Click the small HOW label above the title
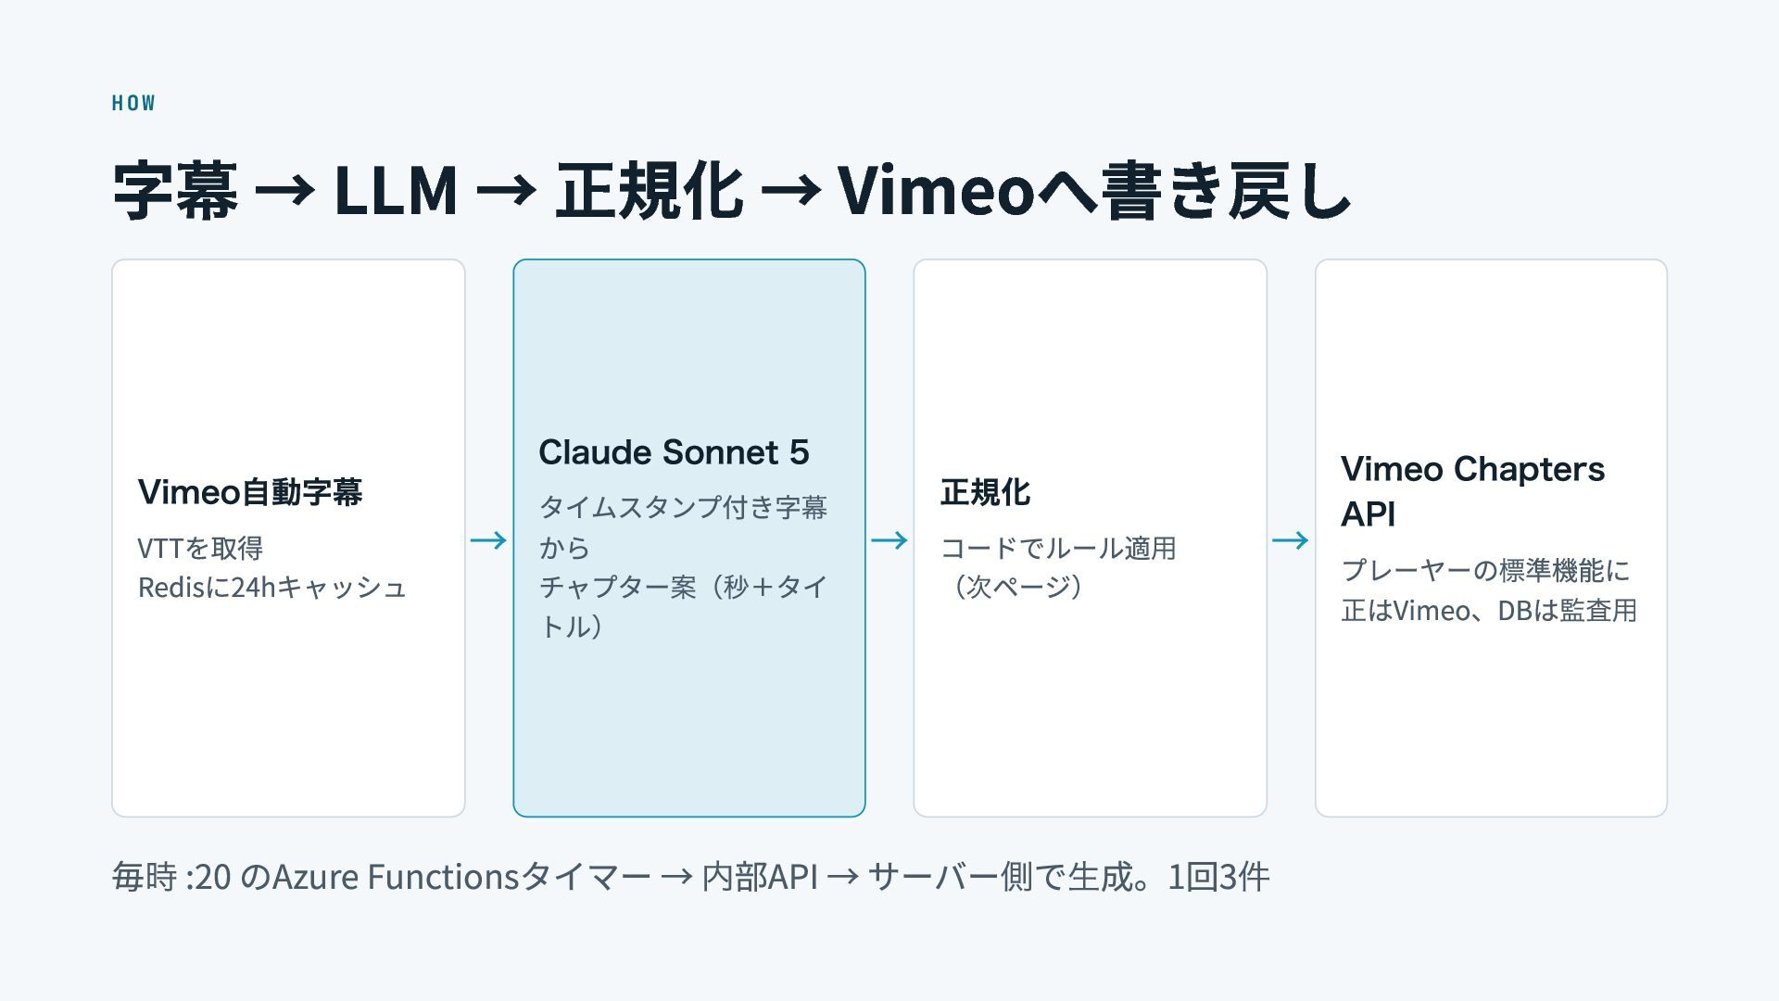click(x=133, y=103)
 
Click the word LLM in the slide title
click(x=396, y=191)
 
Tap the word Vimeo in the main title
click(x=936, y=191)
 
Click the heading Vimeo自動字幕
click(x=250, y=492)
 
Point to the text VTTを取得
click(x=200, y=548)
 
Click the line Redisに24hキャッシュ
click(x=271, y=588)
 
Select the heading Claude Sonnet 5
click(x=674, y=452)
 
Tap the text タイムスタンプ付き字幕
click(x=683, y=507)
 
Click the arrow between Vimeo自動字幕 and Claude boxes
click(x=488, y=539)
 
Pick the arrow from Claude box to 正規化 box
click(x=889, y=539)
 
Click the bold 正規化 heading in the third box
click(x=985, y=492)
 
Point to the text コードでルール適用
click(x=1058, y=548)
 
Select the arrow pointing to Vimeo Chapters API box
click(x=1291, y=539)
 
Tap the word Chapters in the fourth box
click(x=1529, y=470)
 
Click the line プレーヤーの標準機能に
click(x=1485, y=570)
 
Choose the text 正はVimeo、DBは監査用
click(x=1489, y=610)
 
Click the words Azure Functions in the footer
click(x=395, y=876)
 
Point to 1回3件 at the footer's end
click(x=1218, y=876)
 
